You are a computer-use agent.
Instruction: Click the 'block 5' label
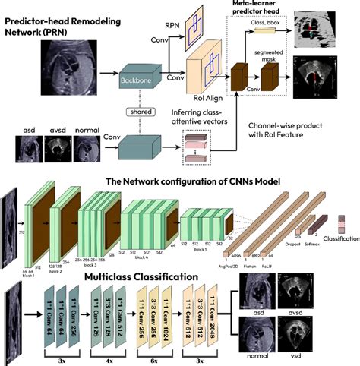200,248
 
